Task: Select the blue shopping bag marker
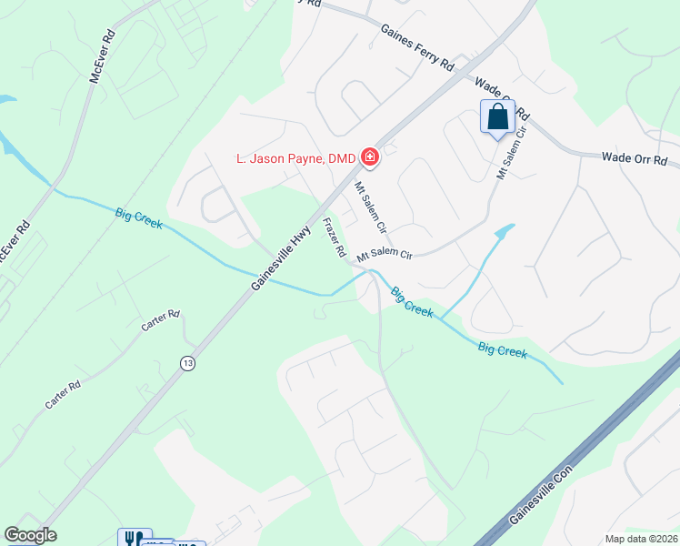(x=497, y=117)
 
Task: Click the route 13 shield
(x=187, y=362)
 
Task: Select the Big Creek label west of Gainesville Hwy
(x=139, y=218)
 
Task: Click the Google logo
(x=30, y=535)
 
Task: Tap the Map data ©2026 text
(x=640, y=539)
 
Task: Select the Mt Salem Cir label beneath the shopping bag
(x=510, y=152)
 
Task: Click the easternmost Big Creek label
(x=502, y=350)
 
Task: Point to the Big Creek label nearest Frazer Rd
(x=412, y=303)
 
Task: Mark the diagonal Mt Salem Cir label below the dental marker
(x=371, y=208)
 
